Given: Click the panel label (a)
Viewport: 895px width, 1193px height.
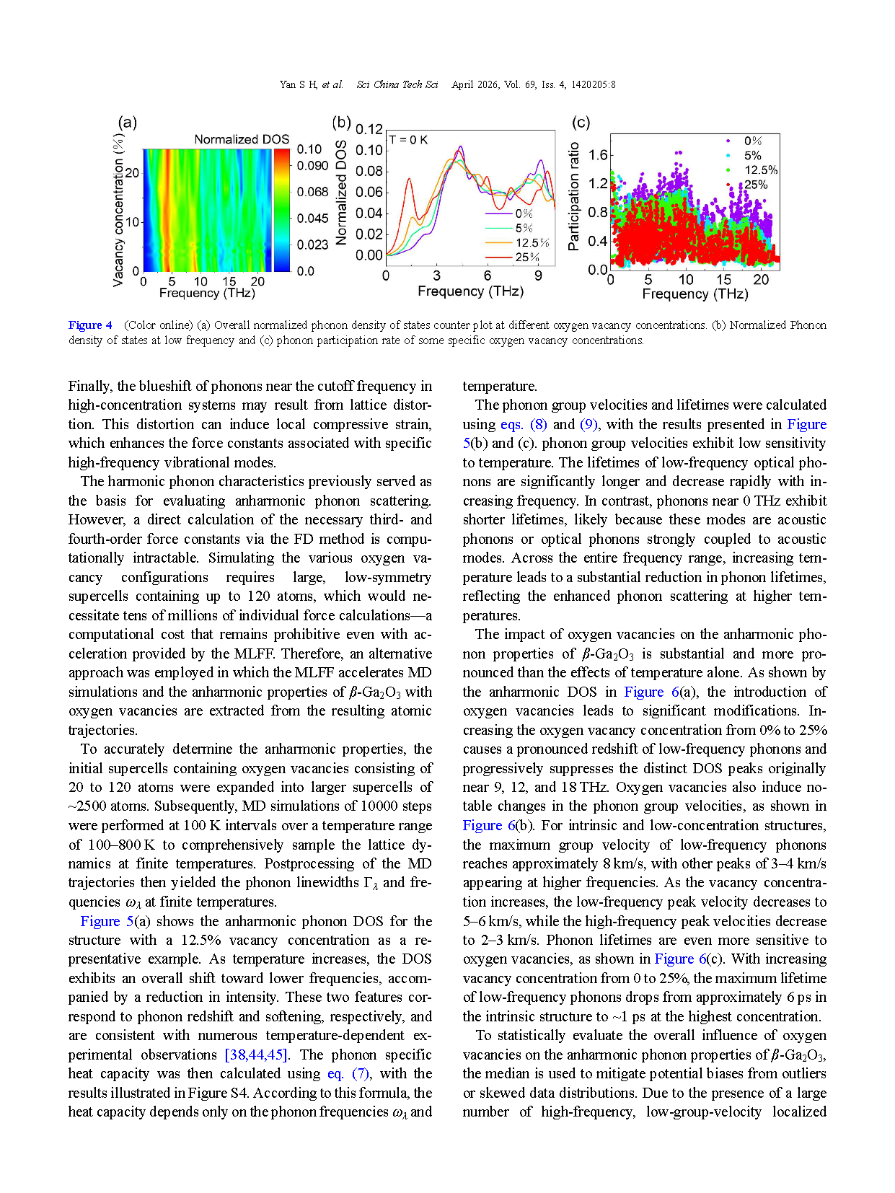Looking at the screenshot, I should pyautogui.click(x=127, y=122).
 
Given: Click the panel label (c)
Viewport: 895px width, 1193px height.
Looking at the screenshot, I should pyautogui.click(x=580, y=122).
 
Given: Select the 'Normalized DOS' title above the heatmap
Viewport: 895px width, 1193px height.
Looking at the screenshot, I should pyautogui.click(x=242, y=139).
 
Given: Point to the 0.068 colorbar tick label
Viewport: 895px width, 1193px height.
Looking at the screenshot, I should pyautogui.click(x=312, y=192).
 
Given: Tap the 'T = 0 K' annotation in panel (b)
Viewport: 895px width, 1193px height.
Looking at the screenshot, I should pyautogui.click(x=408, y=140).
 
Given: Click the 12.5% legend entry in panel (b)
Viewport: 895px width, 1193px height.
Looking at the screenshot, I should pyautogui.click(x=532, y=243).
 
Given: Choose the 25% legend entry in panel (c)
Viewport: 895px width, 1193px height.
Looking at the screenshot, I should pyautogui.click(x=755, y=185).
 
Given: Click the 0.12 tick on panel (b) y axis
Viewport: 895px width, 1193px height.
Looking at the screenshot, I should pyautogui.click(x=369, y=129).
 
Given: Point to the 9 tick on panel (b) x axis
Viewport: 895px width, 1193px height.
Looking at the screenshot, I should pyautogui.click(x=538, y=276).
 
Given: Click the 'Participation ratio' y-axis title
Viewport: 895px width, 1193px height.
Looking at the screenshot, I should pyautogui.click(x=574, y=196).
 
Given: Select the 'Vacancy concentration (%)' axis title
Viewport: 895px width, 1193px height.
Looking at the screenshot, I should pyautogui.click(x=118, y=209).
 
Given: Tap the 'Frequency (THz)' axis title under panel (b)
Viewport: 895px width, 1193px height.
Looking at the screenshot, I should pyautogui.click(x=470, y=291).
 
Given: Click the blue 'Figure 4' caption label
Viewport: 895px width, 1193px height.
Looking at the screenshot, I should pyautogui.click(x=90, y=325).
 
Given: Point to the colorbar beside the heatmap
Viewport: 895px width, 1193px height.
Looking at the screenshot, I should pyautogui.click(x=281, y=210).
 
